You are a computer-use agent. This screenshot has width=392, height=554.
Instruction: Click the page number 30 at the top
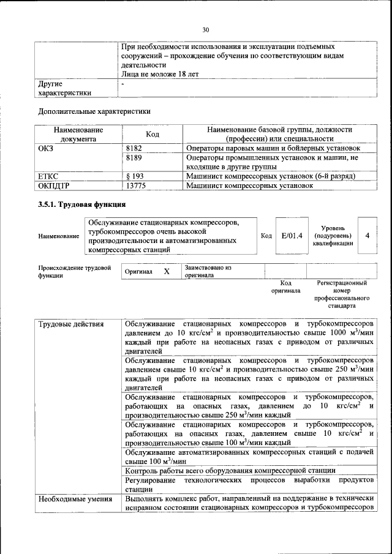(206, 29)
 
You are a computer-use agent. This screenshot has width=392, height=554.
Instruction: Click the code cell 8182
(134, 148)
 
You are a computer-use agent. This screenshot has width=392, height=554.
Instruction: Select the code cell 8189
(134, 157)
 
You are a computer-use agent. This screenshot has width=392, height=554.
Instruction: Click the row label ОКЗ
(47, 148)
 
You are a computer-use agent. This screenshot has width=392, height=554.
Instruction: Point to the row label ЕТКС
(48, 176)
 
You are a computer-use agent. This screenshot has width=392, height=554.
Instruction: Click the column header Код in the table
(153, 135)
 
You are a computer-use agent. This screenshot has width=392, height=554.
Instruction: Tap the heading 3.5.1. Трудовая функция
(82, 204)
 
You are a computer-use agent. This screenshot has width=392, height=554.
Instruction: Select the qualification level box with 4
(367, 235)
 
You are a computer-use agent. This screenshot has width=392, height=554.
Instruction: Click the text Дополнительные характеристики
(94, 111)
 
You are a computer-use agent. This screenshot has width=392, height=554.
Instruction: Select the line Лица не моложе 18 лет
(160, 73)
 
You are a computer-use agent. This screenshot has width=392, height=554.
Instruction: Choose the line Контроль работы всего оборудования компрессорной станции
(230, 470)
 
